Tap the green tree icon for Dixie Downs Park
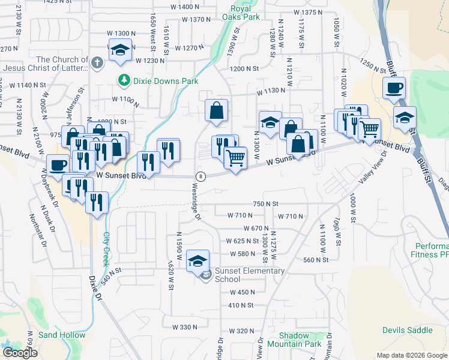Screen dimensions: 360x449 (124, 79)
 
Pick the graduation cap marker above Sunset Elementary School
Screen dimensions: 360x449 (197, 261)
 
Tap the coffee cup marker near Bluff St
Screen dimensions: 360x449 (394, 88)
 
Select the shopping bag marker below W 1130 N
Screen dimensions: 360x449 (217, 110)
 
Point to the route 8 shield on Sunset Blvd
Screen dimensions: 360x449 (201, 176)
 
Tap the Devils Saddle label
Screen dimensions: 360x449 (408, 330)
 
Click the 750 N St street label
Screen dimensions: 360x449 (267, 204)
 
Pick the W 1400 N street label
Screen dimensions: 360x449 (184, 7)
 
